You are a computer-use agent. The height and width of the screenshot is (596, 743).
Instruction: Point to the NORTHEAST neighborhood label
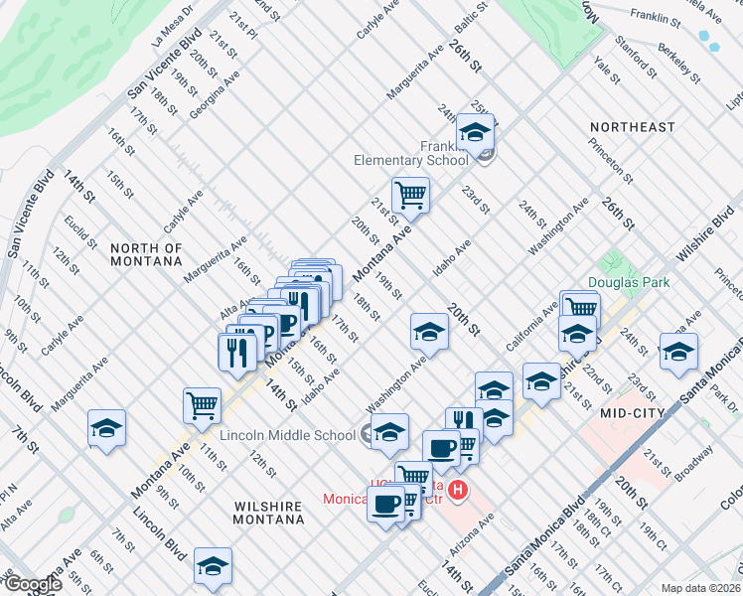point(632,128)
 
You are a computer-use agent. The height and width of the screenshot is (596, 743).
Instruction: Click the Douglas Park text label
point(629,282)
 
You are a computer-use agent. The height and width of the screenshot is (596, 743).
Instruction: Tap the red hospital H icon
point(458,489)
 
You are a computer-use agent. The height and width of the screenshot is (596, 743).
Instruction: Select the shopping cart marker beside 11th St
point(202,403)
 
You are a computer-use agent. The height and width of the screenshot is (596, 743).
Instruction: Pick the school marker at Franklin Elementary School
point(475,130)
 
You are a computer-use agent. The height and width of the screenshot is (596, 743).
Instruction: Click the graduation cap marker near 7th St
point(106,427)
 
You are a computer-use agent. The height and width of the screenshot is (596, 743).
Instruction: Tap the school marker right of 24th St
point(678,351)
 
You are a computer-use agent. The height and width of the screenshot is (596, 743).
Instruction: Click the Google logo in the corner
point(32,584)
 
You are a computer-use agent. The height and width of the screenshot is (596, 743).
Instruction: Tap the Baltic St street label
point(469,18)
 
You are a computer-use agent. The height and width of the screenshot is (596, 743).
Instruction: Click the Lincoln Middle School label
point(288,435)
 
